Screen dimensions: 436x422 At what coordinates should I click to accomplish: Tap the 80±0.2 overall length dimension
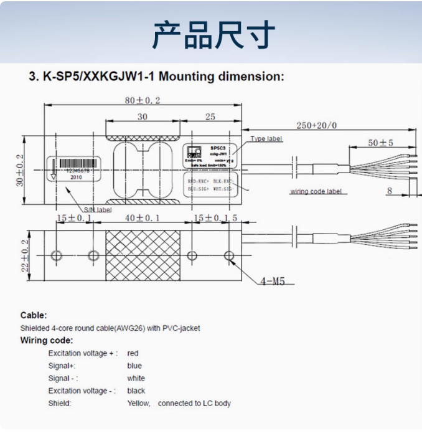[142, 100]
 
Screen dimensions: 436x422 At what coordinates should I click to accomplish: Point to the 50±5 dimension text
[380, 143]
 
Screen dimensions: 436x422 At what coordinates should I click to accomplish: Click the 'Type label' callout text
[266, 139]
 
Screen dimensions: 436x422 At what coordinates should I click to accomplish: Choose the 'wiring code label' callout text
[317, 191]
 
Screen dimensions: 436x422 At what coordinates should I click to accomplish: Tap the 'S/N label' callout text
[97, 210]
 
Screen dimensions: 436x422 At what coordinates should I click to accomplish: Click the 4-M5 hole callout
[272, 282]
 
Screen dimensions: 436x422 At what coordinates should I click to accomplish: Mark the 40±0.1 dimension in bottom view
[142, 218]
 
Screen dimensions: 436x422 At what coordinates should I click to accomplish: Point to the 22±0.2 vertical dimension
[26, 255]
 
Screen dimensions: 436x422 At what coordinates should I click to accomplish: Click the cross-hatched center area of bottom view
[143, 255]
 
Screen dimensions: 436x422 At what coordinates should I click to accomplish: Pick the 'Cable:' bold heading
[34, 315]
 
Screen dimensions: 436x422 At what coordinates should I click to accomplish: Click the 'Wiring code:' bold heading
[47, 340]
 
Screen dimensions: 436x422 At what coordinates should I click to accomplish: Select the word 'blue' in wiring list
[134, 366]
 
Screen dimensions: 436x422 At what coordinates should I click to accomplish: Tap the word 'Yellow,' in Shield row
[139, 403]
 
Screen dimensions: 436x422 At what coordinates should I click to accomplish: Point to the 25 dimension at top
[210, 116]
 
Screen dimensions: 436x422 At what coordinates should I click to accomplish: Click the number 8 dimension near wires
[390, 191]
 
